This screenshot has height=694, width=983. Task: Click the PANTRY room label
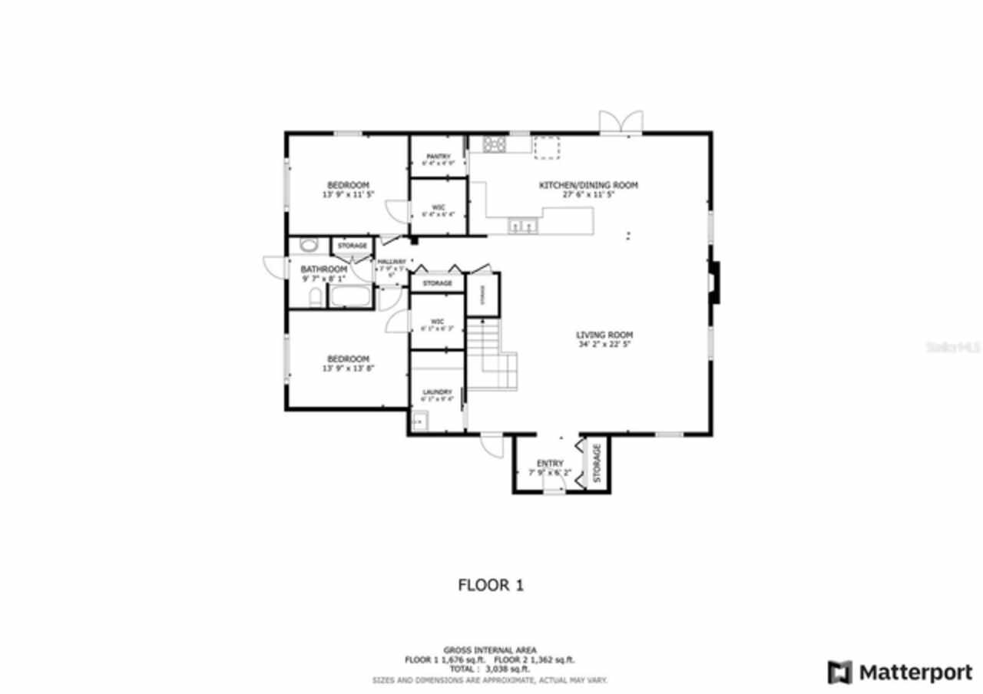(438, 156)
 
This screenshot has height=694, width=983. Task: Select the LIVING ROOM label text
(604, 335)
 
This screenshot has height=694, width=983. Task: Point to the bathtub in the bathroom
(351, 296)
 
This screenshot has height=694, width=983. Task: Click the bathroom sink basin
(309, 246)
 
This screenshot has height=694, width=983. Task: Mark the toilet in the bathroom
(315, 298)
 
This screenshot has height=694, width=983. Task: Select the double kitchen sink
(524, 225)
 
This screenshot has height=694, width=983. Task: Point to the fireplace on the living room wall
(714, 283)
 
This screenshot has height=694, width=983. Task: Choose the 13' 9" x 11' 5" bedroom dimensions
(348, 195)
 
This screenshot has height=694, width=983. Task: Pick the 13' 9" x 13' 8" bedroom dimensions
(348, 368)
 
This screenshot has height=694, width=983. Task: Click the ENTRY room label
(550, 463)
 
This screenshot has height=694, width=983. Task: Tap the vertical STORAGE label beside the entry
(597, 463)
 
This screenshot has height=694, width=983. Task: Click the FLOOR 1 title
(491, 585)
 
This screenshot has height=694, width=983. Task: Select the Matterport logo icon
(839, 673)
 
